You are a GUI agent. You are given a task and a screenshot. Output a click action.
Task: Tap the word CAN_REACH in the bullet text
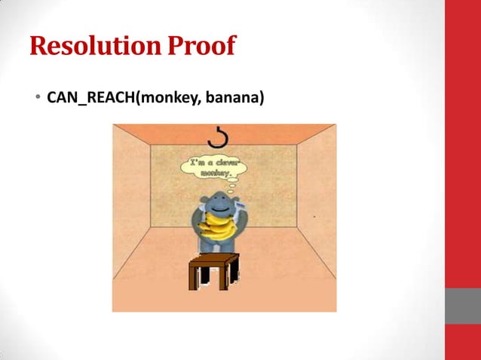click(x=90, y=98)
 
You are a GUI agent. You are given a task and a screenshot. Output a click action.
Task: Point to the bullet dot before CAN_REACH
click(x=38, y=99)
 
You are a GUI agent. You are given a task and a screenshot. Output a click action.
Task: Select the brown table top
click(x=215, y=258)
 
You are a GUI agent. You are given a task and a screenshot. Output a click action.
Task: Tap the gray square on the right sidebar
click(x=463, y=305)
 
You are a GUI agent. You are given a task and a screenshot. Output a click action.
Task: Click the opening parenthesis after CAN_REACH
click(x=136, y=98)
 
